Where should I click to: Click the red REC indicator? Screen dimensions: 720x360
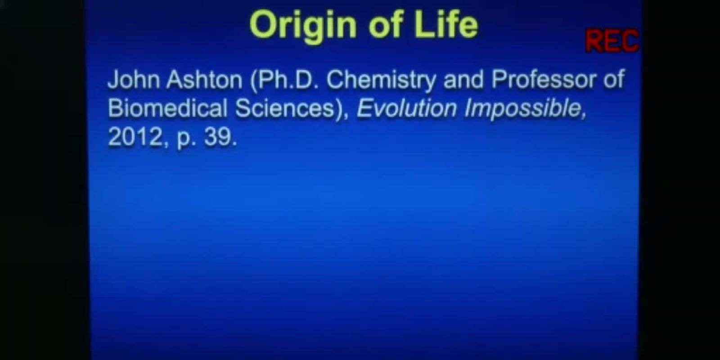612,40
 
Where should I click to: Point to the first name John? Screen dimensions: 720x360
134,79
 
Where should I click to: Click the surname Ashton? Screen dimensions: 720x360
204,79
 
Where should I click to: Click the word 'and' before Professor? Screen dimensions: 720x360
463,79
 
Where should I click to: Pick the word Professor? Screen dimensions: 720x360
544,79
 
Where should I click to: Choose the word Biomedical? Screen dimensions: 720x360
168,108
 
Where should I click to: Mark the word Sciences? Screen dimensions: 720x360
285,108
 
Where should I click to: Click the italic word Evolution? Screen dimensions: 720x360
407,108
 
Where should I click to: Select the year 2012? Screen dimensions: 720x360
135,136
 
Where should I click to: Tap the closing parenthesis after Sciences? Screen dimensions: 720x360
339,108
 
